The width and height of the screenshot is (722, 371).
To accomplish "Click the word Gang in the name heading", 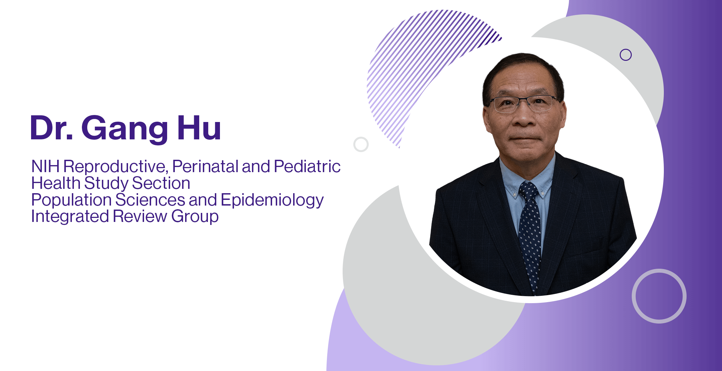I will click(x=124, y=128).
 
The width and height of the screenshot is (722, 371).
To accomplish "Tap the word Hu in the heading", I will click(x=199, y=128).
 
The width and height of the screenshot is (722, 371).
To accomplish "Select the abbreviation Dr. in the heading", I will click(x=51, y=128).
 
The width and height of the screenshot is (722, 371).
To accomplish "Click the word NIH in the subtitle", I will click(x=45, y=166).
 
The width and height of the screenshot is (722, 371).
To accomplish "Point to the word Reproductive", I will click(x=115, y=166).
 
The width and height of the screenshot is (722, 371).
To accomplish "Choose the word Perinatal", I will click(x=205, y=166).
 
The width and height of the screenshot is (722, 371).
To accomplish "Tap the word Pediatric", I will click(x=307, y=166).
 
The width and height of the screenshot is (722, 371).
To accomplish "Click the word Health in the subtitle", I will click(x=56, y=183).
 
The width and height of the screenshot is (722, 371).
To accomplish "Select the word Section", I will click(x=161, y=183).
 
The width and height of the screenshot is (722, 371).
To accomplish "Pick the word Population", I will click(x=71, y=200).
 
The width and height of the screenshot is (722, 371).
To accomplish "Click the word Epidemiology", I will click(x=272, y=200).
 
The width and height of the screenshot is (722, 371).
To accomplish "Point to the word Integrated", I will click(x=70, y=216).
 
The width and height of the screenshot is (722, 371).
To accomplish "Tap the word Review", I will click(x=140, y=216).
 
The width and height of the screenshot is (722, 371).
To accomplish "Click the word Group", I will click(x=195, y=217).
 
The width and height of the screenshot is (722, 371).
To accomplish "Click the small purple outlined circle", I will click(x=625, y=55).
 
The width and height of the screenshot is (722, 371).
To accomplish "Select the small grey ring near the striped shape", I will click(x=361, y=144).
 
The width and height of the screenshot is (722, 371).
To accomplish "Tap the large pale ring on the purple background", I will click(x=659, y=296).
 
